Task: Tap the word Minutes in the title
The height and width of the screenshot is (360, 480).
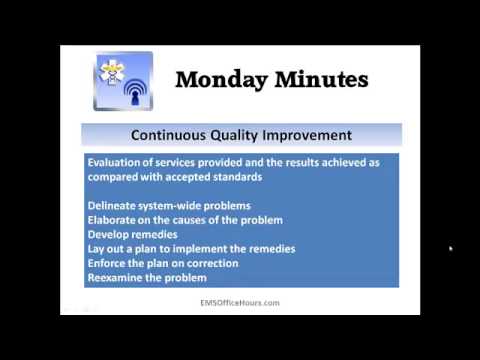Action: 318,79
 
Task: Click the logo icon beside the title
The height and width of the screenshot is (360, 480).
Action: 123,81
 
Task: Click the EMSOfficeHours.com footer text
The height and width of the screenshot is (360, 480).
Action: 240,301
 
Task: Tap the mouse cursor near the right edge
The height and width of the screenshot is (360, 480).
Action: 451,248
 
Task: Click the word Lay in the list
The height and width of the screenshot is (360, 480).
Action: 96,248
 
